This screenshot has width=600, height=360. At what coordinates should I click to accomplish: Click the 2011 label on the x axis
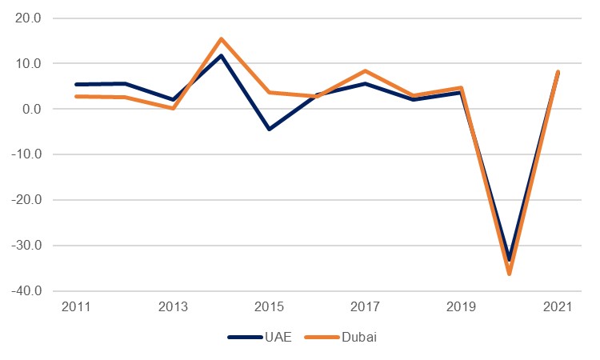click(x=77, y=307)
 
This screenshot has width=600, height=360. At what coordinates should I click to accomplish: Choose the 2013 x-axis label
click(x=173, y=307)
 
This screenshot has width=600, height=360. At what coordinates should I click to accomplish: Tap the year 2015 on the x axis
click(x=269, y=307)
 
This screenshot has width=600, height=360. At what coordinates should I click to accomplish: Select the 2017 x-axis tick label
click(x=365, y=307)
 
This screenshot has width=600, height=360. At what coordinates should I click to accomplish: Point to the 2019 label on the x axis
click(x=461, y=307)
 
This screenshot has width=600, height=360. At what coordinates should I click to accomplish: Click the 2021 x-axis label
click(x=557, y=307)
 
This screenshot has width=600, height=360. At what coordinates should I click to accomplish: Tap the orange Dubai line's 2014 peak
click(x=221, y=39)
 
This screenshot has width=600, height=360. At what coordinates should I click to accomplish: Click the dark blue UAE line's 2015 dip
click(x=269, y=129)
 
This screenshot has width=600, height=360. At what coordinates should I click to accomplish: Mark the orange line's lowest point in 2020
click(x=509, y=274)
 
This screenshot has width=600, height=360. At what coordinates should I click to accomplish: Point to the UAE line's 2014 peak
click(x=221, y=55)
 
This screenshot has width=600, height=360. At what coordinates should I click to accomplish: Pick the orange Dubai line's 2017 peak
click(x=365, y=71)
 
